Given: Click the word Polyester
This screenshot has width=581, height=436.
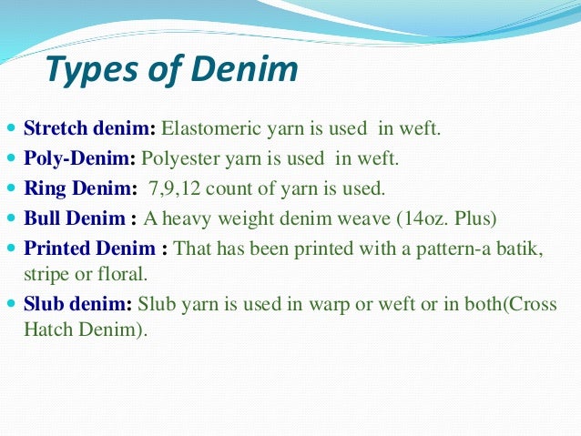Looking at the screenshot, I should coord(181,158).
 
